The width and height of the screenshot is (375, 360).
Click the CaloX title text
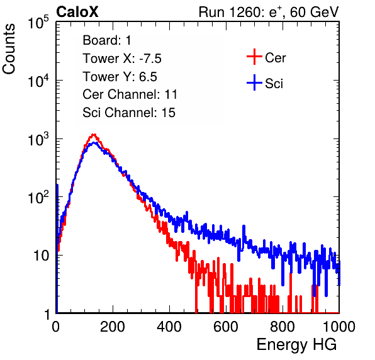pos(77,12)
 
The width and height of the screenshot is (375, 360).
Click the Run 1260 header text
pos(269,12)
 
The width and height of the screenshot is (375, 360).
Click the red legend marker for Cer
pos(254,57)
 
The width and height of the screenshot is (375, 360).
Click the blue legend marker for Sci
pos(254,82)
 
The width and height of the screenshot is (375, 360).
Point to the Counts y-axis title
pos(9,49)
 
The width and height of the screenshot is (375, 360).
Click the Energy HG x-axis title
pos(296,345)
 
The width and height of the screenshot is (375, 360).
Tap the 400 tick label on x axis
pos(169,327)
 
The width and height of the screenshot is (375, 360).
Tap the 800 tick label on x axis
pos(283,327)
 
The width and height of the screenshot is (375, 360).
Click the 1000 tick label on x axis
pos(339,327)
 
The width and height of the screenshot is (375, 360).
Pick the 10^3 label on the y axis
pos(38,139)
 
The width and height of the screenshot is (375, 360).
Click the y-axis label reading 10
pos(41,256)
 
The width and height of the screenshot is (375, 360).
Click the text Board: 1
pos(107,40)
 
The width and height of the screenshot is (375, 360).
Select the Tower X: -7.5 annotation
pos(122,59)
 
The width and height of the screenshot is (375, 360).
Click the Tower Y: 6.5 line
pos(120,77)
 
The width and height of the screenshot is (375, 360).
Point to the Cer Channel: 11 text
pos(130,94)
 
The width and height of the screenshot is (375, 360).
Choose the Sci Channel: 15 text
pos(129,113)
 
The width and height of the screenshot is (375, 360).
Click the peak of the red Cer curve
pos(94,135)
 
